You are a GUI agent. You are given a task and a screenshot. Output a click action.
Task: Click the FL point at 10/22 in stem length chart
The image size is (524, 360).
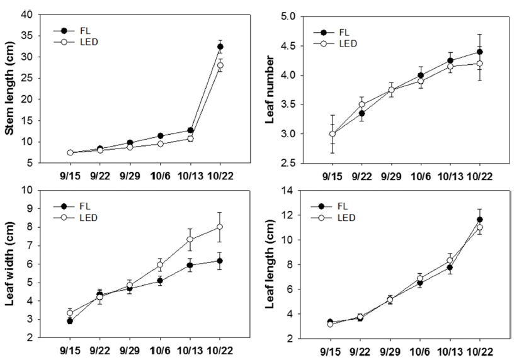point(220,47)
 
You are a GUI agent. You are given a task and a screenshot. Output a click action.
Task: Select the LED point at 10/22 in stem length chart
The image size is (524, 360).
point(220,65)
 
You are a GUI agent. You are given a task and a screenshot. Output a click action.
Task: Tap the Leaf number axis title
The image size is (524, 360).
point(273,88)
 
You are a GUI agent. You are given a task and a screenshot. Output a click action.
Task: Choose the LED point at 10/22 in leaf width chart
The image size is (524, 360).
point(220,227)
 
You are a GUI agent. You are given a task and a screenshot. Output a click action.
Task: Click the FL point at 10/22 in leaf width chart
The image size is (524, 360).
point(220,261)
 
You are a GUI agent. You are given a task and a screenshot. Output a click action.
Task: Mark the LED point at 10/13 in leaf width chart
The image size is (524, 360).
point(190,239)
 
